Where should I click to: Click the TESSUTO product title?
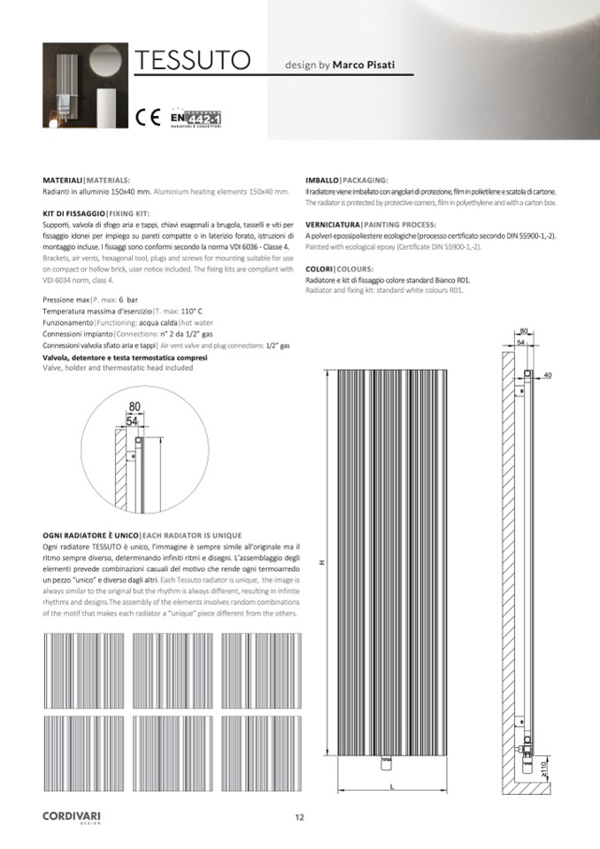(x=190, y=61)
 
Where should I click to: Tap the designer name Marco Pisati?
(x=364, y=65)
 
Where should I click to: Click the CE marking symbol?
(x=147, y=116)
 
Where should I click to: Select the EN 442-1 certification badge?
(x=196, y=117)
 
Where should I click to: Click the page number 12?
(x=300, y=817)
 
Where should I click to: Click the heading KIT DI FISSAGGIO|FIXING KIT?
(x=96, y=214)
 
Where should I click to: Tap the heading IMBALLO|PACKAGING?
(x=346, y=179)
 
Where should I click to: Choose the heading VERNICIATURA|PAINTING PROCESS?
(x=369, y=226)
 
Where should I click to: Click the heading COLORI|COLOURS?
(x=339, y=268)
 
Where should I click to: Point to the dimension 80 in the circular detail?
(x=135, y=407)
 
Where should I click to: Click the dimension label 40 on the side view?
(x=548, y=376)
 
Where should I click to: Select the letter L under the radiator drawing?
(x=391, y=786)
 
